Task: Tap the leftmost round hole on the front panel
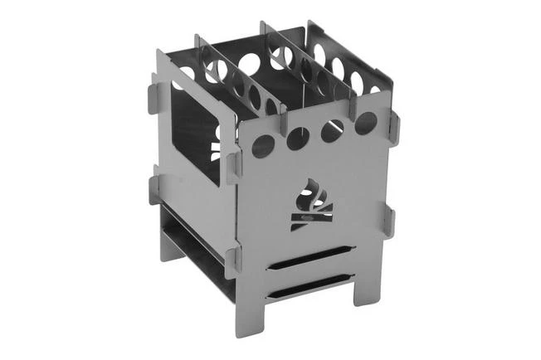pos(263,147)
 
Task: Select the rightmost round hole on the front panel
pos(365,124)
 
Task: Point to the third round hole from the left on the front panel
pos(332,131)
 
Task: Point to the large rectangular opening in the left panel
pos(196,133)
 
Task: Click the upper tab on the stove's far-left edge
pos(154,94)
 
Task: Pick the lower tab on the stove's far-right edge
pos(389,220)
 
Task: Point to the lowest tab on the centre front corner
pos(233,260)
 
